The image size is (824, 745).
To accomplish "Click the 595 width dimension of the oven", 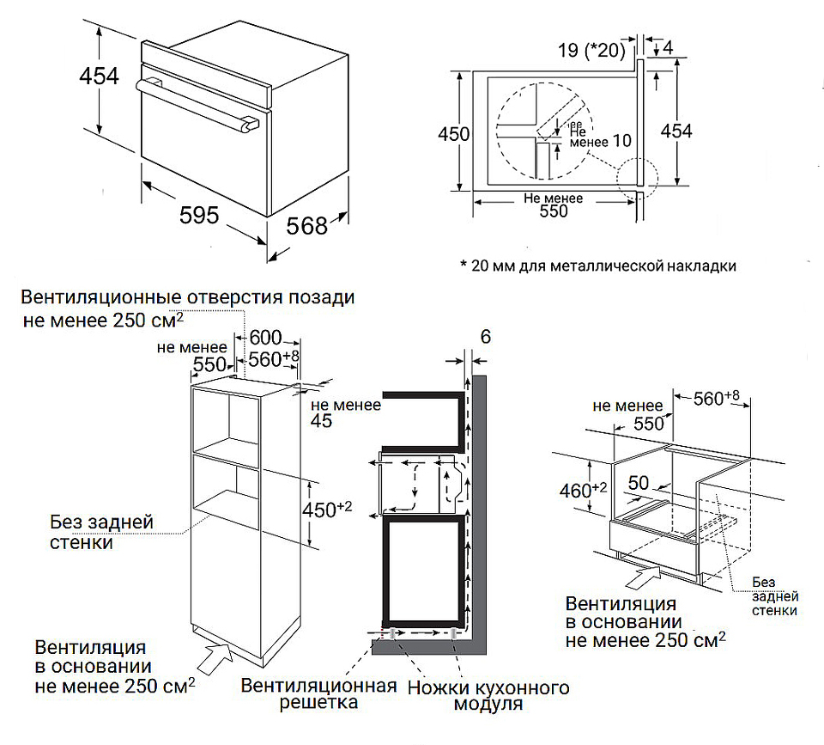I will click(x=200, y=215).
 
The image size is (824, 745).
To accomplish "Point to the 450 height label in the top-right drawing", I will click(x=453, y=134).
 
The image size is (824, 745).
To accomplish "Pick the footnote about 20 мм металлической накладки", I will click(x=597, y=265).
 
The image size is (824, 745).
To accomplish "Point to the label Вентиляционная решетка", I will click(x=319, y=694).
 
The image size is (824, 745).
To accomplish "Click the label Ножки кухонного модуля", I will click(x=488, y=696).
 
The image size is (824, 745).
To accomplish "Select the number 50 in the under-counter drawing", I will click(x=640, y=482).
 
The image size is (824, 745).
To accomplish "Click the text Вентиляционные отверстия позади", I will click(x=189, y=298).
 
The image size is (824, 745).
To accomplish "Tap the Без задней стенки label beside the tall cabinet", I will click(x=101, y=532).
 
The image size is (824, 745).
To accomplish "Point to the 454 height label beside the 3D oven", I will click(x=99, y=77).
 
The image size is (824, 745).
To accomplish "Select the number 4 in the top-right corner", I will click(x=667, y=46).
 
